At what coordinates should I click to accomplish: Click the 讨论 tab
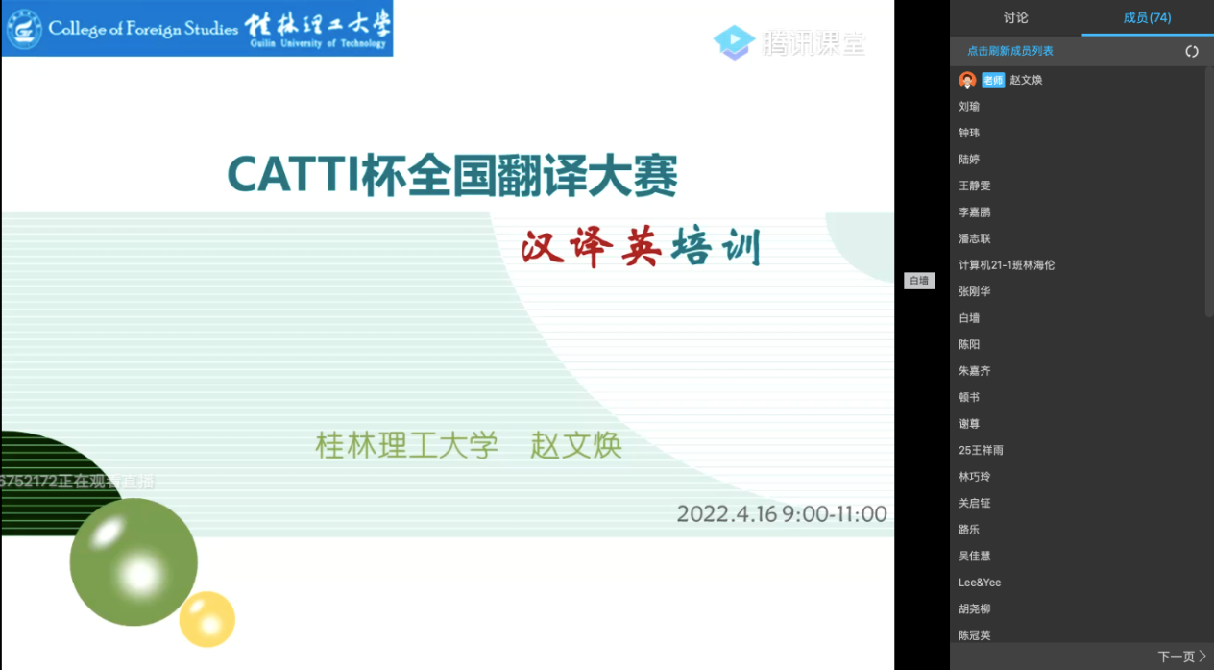point(1015,18)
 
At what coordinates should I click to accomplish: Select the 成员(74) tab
point(1147,18)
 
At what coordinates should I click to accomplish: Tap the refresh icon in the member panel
point(1192,51)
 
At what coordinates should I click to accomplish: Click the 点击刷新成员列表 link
point(1009,51)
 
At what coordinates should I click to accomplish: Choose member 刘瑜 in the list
point(969,107)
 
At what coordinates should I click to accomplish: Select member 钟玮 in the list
point(969,133)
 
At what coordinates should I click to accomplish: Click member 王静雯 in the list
point(974,186)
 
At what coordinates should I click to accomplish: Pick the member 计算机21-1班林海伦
point(1006,265)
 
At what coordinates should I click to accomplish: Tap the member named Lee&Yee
point(979,583)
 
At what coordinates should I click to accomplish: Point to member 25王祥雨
point(981,450)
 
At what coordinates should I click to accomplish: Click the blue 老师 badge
point(993,81)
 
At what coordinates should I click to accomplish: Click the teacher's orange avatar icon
point(967,81)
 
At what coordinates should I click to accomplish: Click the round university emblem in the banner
point(24,29)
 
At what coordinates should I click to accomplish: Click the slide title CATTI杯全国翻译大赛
point(452,176)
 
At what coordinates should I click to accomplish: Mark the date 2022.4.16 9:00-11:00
point(781,514)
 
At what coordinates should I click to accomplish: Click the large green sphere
point(134,562)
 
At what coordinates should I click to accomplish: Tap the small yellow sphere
point(206,619)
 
